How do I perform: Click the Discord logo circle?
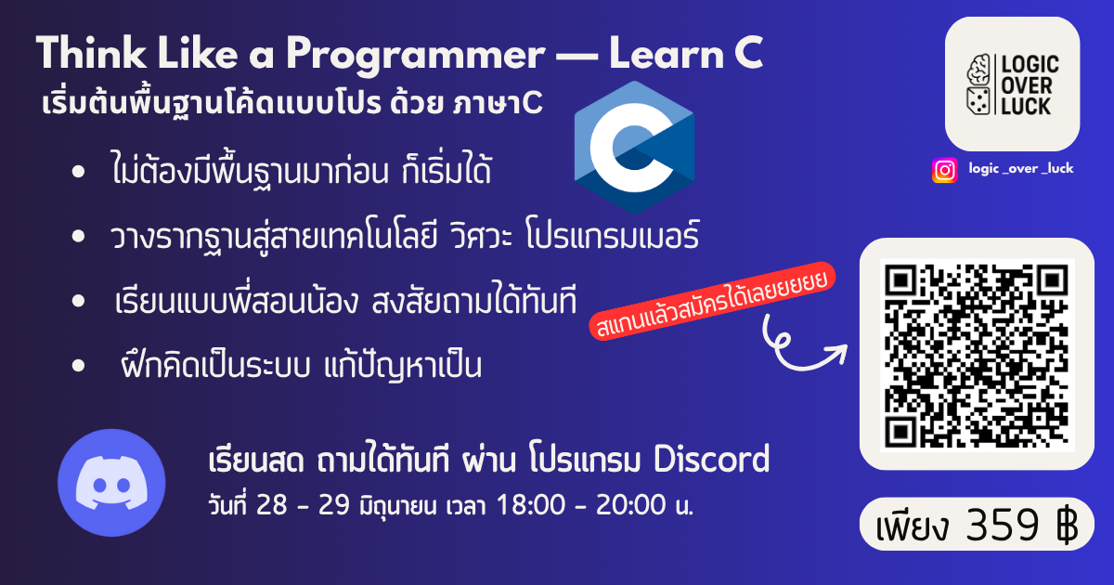pos(111,483)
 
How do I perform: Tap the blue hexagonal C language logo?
pos(634,148)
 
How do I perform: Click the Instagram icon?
pos(944,170)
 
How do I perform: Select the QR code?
pos(978,355)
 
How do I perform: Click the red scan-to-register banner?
pos(712,301)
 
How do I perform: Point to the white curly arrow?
pos(800,345)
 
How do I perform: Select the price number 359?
pos(1003,525)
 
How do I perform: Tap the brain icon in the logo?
pos(978,69)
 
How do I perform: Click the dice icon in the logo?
pos(978,101)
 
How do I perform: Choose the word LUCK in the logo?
pos(1026,106)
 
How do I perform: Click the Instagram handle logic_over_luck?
pos(1021,169)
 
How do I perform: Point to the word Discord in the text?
pos(712,459)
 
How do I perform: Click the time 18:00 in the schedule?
pos(531,504)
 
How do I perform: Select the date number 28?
pos(271,504)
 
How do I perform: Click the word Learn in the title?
pos(667,53)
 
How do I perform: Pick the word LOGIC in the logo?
pos(1030,65)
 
